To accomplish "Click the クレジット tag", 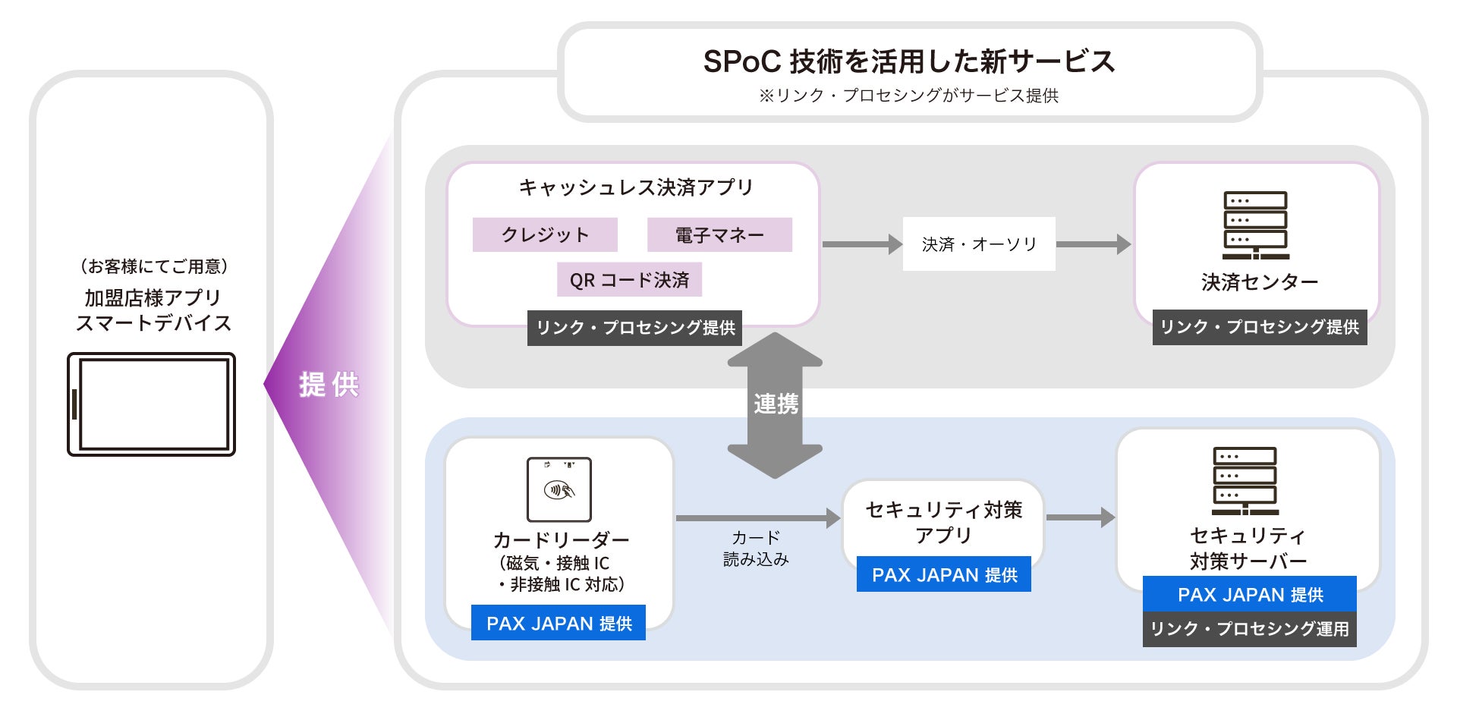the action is [x=545, y=234].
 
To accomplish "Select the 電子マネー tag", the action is [x=719, y=234].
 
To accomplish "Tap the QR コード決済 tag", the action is [x=629, y=280].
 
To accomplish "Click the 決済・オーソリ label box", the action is [x=979, y=244].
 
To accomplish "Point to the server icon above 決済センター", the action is [x=1255, y=225].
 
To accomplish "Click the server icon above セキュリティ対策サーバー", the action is [x=1245, y=481].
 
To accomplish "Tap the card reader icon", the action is [x=559, y=489].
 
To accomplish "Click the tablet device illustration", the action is [x=152, y=404].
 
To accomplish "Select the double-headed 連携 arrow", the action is [x=775, y=405].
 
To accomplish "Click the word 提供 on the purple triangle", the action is [x=329, y=385].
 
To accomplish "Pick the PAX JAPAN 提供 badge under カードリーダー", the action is [x=559, y=623].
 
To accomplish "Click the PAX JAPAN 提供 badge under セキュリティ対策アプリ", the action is [x=944, y=574].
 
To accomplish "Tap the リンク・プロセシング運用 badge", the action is [x=1250, y=629].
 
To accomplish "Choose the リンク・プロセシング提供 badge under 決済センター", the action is [x=1260, y=327].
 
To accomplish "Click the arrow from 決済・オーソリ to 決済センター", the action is [x=1094, y=244].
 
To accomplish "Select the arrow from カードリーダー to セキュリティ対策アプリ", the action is [x=758, y=518].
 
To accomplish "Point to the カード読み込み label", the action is [x=756, y=548].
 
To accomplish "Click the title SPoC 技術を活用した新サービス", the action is [x=909, y=61].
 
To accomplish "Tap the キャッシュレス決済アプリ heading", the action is [x=636, y=187].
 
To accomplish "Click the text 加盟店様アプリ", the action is [x=153, y=297].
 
